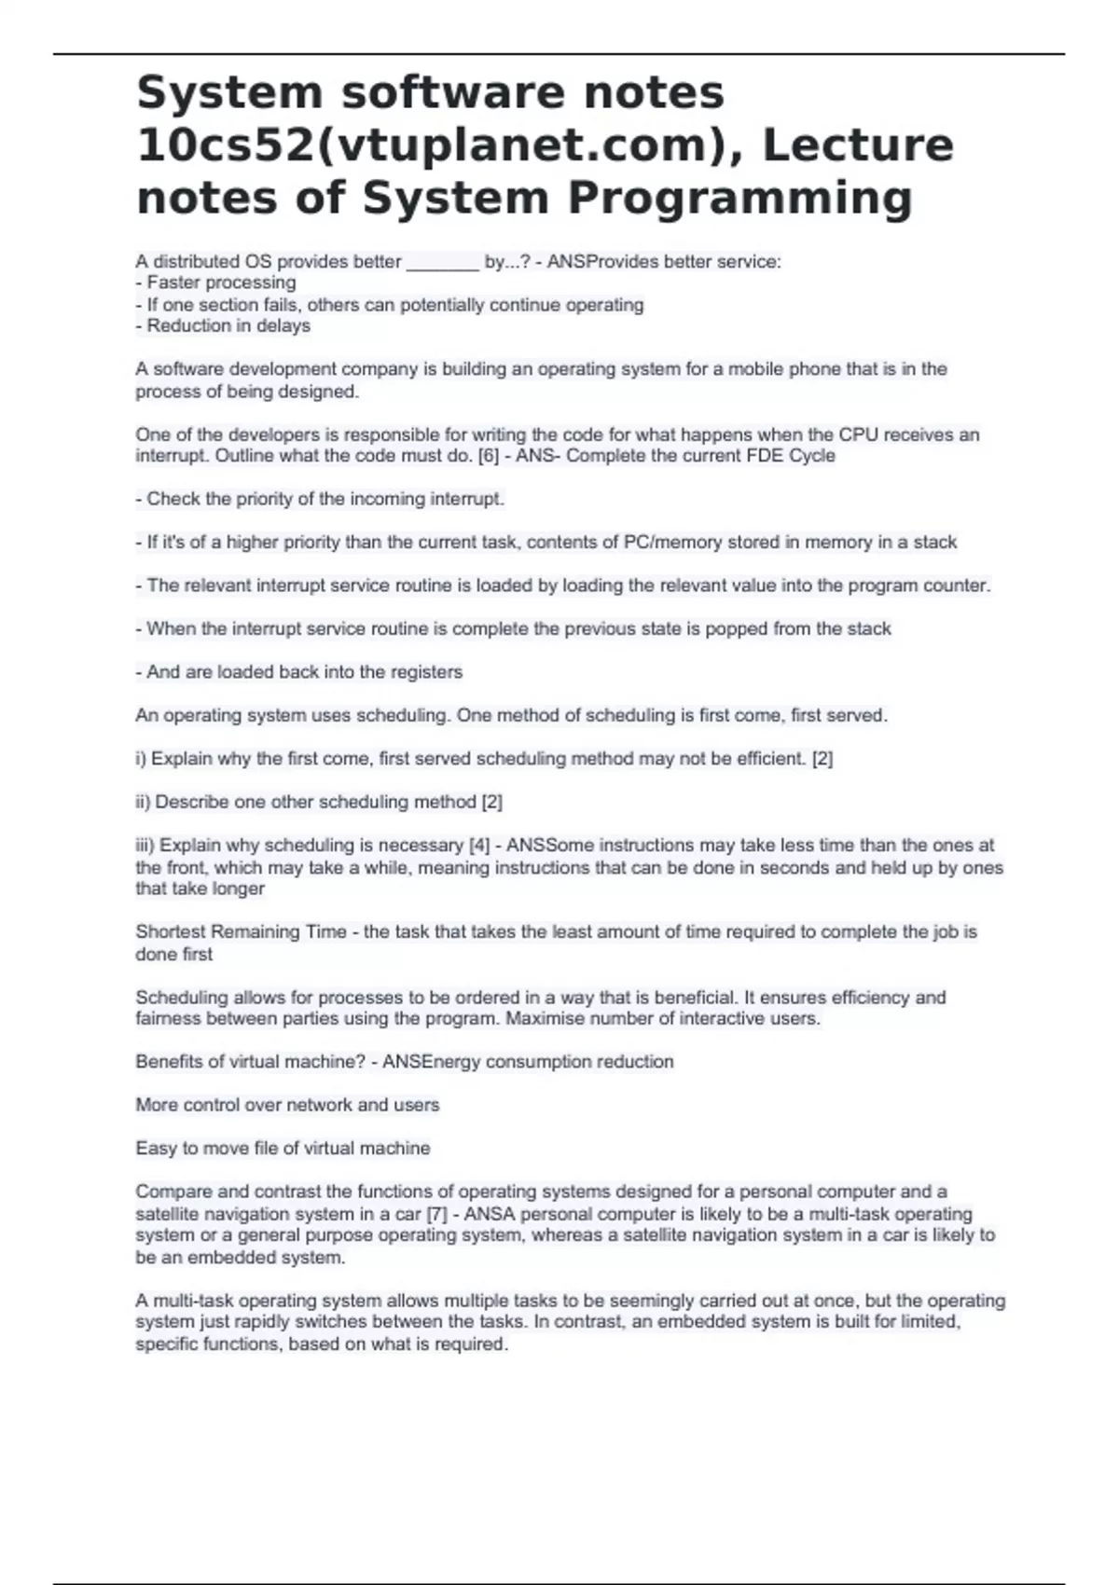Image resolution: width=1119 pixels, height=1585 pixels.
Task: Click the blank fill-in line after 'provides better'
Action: click(443, 263)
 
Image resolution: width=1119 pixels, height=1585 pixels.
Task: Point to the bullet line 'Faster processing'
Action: click(221, 283)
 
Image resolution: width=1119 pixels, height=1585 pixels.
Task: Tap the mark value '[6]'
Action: click(488, 456)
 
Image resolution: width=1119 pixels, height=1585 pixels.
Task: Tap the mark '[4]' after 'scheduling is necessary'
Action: click(478, 846)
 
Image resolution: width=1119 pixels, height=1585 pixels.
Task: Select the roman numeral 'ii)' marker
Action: click(144, 802)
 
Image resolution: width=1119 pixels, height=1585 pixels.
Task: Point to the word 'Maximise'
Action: click(542, 1018)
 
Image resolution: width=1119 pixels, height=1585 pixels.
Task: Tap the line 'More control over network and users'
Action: click(287, 1105)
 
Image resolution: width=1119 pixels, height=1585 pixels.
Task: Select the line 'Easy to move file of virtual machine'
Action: click(283, 1148)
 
